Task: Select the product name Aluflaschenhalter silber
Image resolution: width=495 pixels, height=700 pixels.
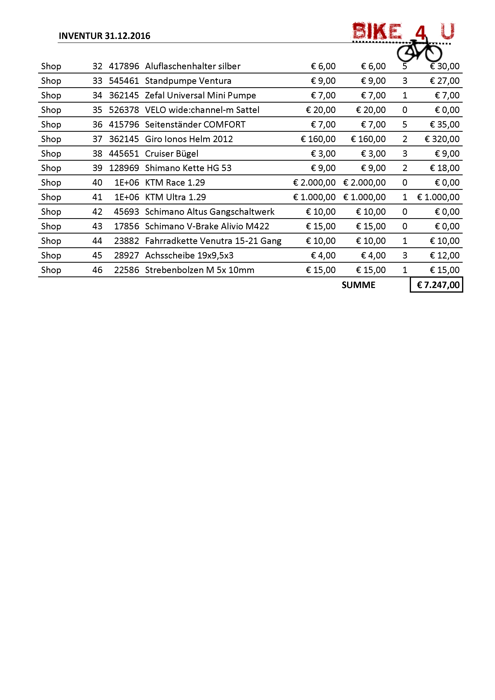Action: click(x=193, y=66)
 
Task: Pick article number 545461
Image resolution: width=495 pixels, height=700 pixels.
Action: click(x=124, y=81)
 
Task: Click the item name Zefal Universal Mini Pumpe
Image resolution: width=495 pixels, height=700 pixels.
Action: click(x=200, y=95)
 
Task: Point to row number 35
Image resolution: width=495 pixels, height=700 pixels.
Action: click(x=97, y=110)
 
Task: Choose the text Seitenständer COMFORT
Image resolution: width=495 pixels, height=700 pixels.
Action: click(x=195, y=124)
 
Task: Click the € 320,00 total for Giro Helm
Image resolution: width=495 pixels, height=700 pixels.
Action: click(x=442, y=139)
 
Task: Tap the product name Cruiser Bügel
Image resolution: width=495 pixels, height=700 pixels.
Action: click(x=172, y=154)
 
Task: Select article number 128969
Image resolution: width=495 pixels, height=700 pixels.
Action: click(x=124, y=168)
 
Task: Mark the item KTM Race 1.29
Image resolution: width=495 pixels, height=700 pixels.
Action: click(x=175, y=183)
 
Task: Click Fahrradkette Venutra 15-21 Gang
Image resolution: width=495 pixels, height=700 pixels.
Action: click(x=213, y=241)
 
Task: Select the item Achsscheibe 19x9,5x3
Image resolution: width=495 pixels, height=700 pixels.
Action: click(x=189, y=255)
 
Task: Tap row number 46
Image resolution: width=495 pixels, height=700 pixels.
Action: click(x=97, y=270)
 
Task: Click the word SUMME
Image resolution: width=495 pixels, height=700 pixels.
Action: click(x=358, y=285)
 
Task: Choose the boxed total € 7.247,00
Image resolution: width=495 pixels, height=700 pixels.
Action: click(x=438, y=285)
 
